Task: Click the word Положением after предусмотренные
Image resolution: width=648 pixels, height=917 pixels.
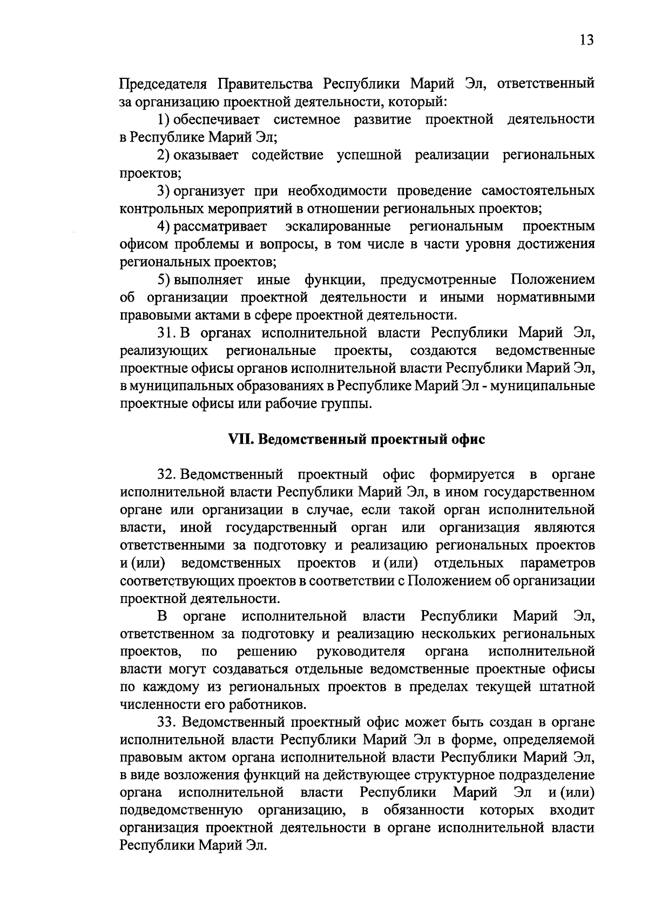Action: point(552,280)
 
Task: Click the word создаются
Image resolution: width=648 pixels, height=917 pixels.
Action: point(443,351)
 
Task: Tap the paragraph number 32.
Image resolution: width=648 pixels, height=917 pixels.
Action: point(167,475)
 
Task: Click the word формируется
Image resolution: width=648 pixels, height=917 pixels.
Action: point(472,475)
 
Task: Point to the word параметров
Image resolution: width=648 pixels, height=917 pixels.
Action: point(558,564)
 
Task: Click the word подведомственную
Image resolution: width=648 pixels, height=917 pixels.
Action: point(180,811)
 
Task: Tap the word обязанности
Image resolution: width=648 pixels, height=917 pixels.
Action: point(423,811)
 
